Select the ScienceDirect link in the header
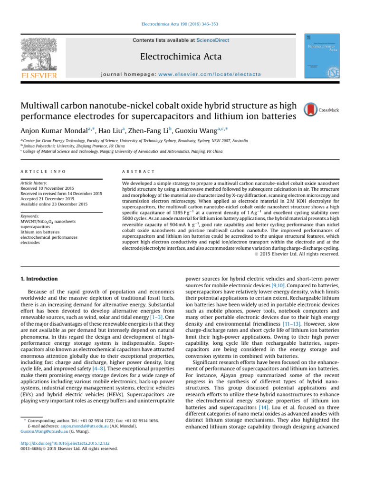pos(213,40)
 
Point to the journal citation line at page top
pos(182,24)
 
